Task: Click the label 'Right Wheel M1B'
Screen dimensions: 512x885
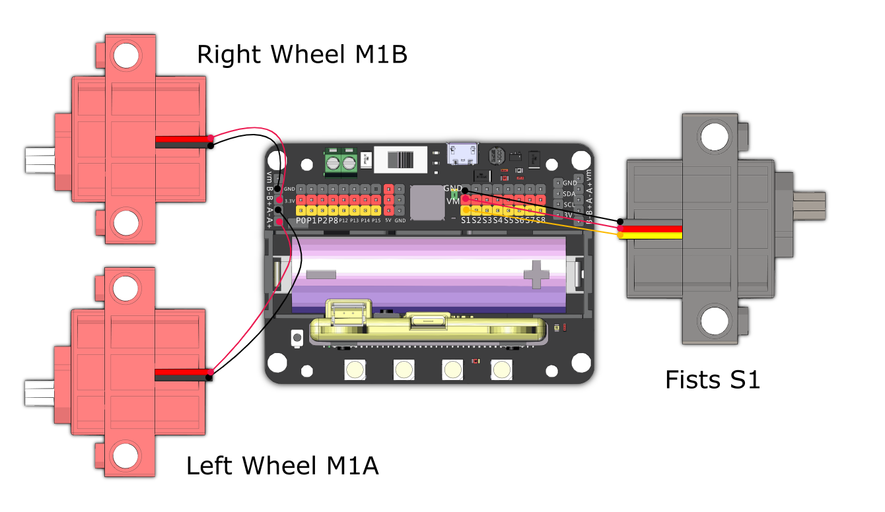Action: pyautogui.click(x=302, y=55)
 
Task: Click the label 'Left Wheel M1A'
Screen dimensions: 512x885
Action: pyautogui.click(x=282, y=466)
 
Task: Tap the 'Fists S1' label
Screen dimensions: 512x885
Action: pyautogui.click(x=712, y=380)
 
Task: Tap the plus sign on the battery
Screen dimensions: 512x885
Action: pyautogui.click(x=536, y=274)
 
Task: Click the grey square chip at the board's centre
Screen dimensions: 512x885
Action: pyautogui.click(x=427, y=203)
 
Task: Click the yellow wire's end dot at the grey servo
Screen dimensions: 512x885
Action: pyautogui.click(x=621, y=235)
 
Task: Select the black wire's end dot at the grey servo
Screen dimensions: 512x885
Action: pyautogui.click(x=621, y=222)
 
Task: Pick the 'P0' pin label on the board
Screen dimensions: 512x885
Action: pyautogui.click(x=301, y=220)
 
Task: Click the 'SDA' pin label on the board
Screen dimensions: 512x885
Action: pyautogui.click(x=569, y=194)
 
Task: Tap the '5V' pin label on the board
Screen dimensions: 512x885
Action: pyautogui.click(x=388, y=220)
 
